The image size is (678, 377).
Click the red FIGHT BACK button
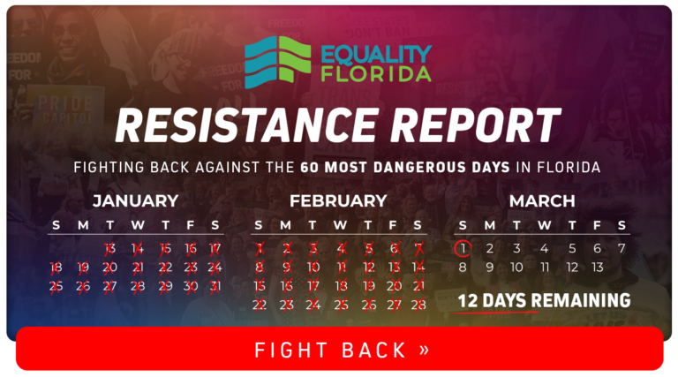click(339, 349)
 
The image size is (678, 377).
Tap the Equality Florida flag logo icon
click(277, 62)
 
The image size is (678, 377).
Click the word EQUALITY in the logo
click(376, 55)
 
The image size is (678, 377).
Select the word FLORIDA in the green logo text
click(376, 74)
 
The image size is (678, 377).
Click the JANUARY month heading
click(135, 201)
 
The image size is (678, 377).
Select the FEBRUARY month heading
click(338, 201)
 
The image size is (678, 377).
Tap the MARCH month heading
click(542, 201)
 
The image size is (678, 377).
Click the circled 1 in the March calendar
click(463, 249)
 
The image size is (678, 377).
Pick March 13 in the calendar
click(597, 268)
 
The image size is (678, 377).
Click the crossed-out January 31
click(215, 286)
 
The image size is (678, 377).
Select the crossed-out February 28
click(418, 305)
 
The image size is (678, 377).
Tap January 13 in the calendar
click(109, 249)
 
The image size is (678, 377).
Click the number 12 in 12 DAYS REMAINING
click(468, 301)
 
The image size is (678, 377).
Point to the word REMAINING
click(581, 300)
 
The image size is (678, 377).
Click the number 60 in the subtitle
click(310, 168)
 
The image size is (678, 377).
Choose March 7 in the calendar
click(621, 249)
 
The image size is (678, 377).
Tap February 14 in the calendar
click(418, 268)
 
